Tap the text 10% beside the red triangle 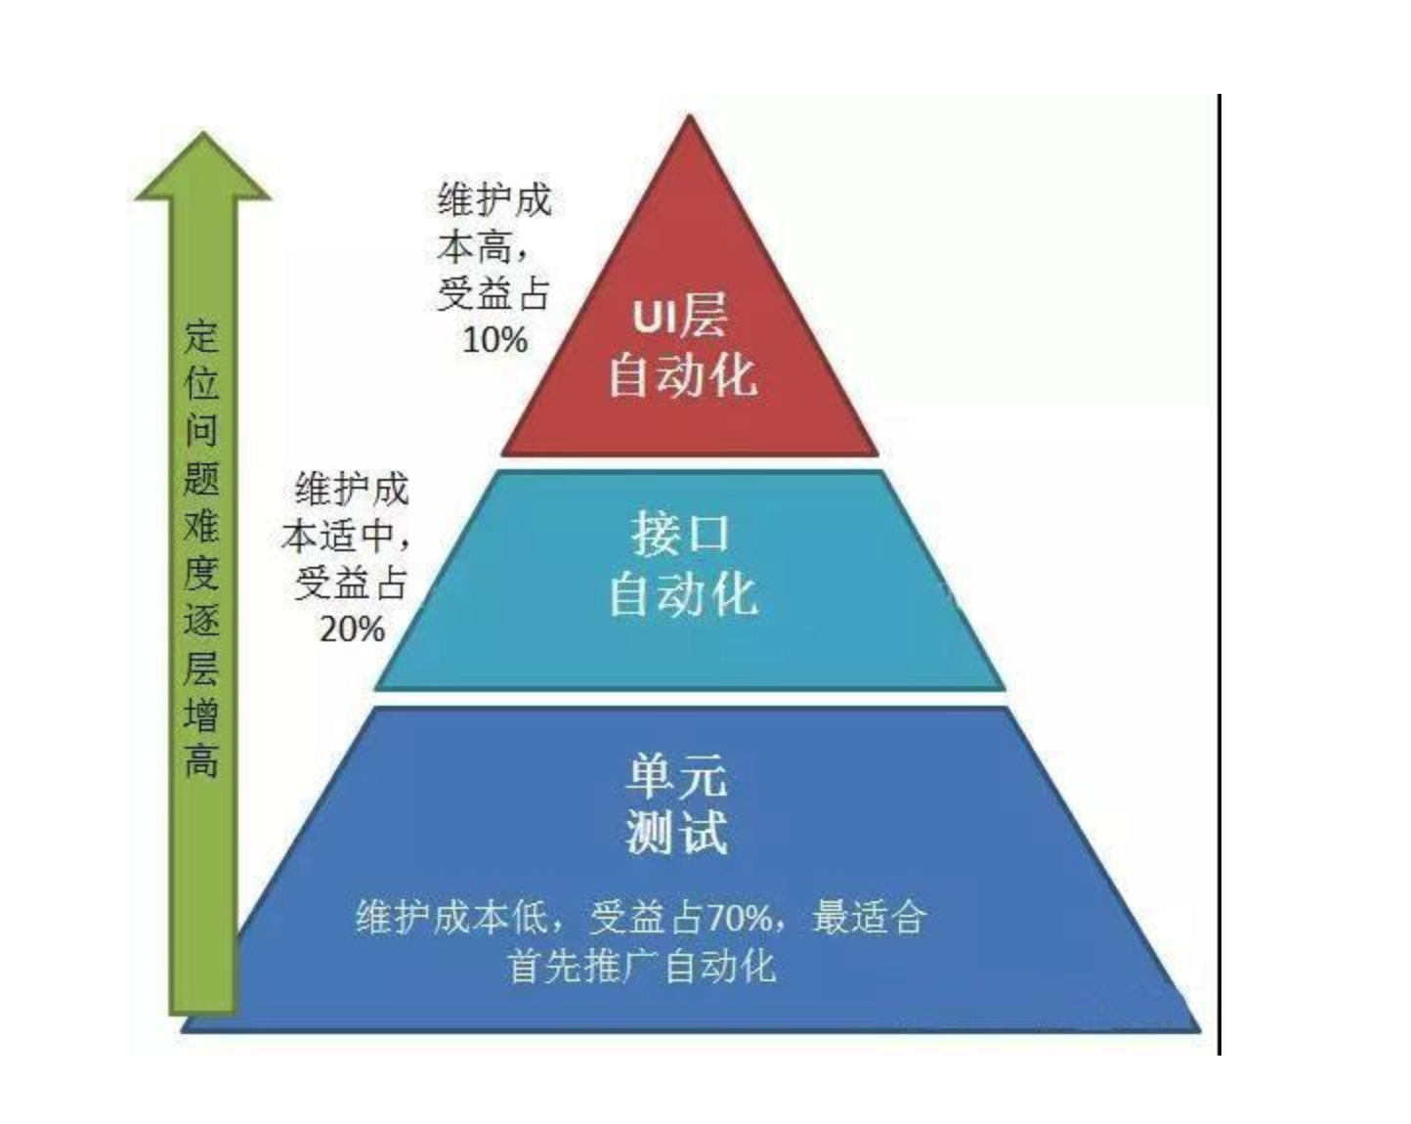[494, 340]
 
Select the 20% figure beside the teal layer [352, 628]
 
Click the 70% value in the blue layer [739, 918]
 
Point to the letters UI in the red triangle [654, 318]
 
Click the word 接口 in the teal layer [680, 534]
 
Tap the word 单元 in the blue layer [676, 776]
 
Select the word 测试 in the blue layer [676, 833]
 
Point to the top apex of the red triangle [690, 120]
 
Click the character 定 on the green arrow [201, 337]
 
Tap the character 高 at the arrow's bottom [201, 761]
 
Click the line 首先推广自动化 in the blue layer [642, 966]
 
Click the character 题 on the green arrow [201, 479]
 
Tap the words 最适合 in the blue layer [869, 918]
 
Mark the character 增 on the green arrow [201, 714]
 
